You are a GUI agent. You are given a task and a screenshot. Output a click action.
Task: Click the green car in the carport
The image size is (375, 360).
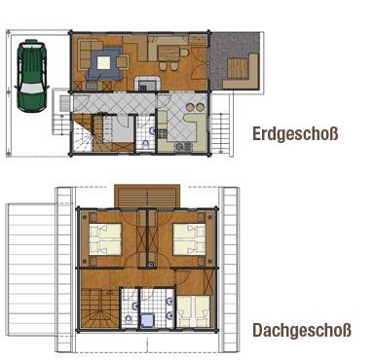pyautogui.click(x=31, y=75)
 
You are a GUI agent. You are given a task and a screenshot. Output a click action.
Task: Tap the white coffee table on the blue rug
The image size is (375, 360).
pyautogui.click(x=103, y=62)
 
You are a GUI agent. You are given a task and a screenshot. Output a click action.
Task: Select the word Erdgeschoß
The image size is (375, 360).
pyautogui.click(x=295, y=133)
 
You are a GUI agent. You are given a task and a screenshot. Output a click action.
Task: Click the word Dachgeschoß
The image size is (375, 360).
pyautogui.click(x=302, y=331)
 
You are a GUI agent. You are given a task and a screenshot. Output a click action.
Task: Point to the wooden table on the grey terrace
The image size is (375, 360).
pyautogui.click(x=238, y=68)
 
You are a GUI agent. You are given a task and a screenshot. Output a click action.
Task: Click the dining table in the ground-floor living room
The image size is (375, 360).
pyautogui.click(x=169, y=54)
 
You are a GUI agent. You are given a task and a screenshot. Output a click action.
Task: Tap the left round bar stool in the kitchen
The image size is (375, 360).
pyautogui.click(x=190, y=107)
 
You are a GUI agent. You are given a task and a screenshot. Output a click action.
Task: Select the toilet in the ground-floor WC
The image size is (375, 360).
pyautogui.click(x=146, y=144)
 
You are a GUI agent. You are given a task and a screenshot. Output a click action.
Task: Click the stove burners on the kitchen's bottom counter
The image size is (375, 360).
pyautogui.click(x=183, y=147)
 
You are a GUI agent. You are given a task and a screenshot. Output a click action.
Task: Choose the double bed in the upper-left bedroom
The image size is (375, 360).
pyautogui.click(x=105, y=239)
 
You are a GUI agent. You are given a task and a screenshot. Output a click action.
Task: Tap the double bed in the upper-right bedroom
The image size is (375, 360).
pyautogui.click(x=189, y=239)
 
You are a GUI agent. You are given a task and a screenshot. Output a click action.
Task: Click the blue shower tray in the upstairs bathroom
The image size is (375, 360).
pyautogui.click(x=148, y=320)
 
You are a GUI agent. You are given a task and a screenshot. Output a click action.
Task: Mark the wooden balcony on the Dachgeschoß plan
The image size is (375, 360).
pyautogui.click(x=147, y=196)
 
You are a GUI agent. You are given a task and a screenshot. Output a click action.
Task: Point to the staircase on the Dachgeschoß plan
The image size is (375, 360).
pyautogui.click(x=98, y=309)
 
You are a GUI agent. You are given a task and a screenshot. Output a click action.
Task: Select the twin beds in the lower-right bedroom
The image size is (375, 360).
pyautogui.click(x=194, y=311)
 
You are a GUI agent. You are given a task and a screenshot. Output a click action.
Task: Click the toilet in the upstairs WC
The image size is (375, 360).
pyautogui.click(x=129, y=320)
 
